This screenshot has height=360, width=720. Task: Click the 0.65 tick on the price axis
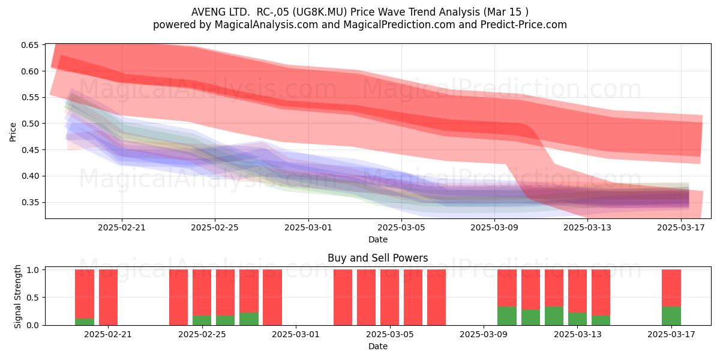[29, 45]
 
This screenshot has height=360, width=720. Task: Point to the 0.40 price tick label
[29, 176]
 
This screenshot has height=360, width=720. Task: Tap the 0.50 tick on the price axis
[29, 124]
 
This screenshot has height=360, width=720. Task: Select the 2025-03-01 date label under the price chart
[308, 227]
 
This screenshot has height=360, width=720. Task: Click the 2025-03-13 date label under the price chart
[587, 227]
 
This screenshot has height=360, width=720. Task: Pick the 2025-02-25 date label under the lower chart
[202, 334]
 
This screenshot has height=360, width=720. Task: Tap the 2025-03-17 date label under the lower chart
[671, 334]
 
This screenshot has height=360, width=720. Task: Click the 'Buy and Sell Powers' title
[377, 258]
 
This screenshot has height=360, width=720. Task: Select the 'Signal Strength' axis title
[17, 296]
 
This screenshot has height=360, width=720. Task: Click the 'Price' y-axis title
[13, 132]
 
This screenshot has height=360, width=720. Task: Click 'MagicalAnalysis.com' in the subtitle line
[266, 25]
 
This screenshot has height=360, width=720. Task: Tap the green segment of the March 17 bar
[671, 316]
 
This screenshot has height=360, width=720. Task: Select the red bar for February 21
[109, 298]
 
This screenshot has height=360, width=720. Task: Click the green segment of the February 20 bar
[85, 322]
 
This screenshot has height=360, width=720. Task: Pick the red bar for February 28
[272, 298]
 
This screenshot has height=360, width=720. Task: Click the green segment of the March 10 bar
[507, 316]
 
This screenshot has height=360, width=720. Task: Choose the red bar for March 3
[343, 298]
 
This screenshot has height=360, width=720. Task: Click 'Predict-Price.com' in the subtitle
[524, 25]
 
